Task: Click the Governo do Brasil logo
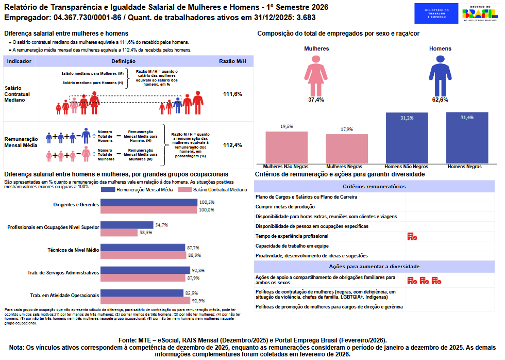pyautogui.click(x=480, y=13)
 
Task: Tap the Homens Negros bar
pyautogui.click(x=467, y=138)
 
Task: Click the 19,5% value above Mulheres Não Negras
pyautogui.click(x=287, y=126)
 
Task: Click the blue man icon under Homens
pyautogui.click(x=440, y=75)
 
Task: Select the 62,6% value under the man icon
pyautogui.click(x=440, y=100)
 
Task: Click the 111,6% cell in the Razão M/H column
pyautogui.click(x=232, y=94)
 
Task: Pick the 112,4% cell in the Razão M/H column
pyautogui.click(x=232, y=145)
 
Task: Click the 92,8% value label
pyautogui.click(x=198, y=270)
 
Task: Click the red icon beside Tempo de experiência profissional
pyautogui.click(x=412, y=236)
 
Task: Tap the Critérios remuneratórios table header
pyautogui.click(x=374, y=187)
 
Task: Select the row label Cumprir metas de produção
pyautogui.click(x=285, y=207)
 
